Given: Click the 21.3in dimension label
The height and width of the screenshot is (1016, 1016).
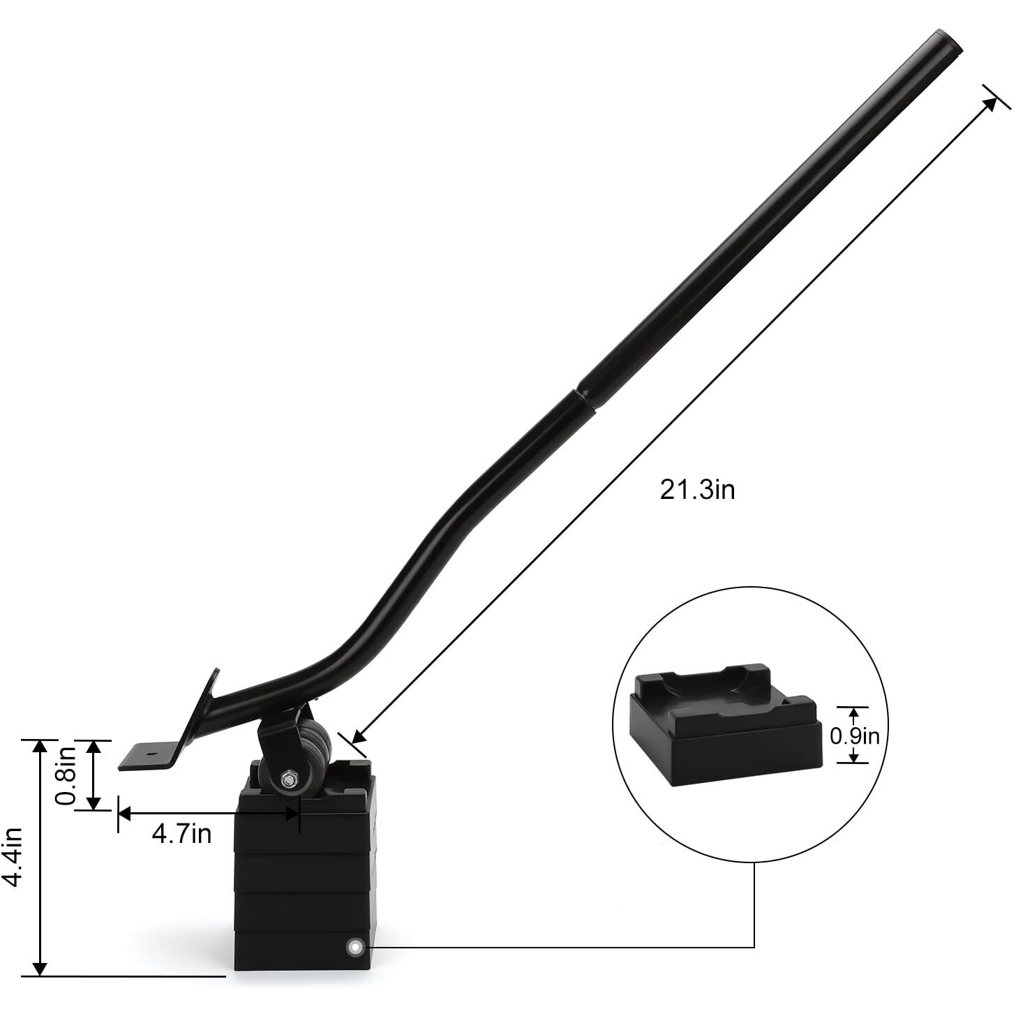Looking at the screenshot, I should pyautogui.click(x=697, y=490).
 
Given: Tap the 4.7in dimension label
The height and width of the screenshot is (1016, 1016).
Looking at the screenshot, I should pyautogui.click(x=181, y=833).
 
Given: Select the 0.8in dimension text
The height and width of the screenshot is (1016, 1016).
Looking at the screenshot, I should pyautogui.click(x=66, y=775).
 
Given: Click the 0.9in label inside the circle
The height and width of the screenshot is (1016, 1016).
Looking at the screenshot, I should pyautogui.click(x=855, y=736).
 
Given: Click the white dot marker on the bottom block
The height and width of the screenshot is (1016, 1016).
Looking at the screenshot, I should pyautogui.click(x=355, y=947).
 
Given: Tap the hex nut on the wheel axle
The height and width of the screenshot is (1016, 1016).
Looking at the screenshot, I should pyautogui.click(x=287, y=779).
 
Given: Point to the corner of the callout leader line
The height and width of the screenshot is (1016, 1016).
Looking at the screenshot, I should pyautogui.click(x=754, y=947).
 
